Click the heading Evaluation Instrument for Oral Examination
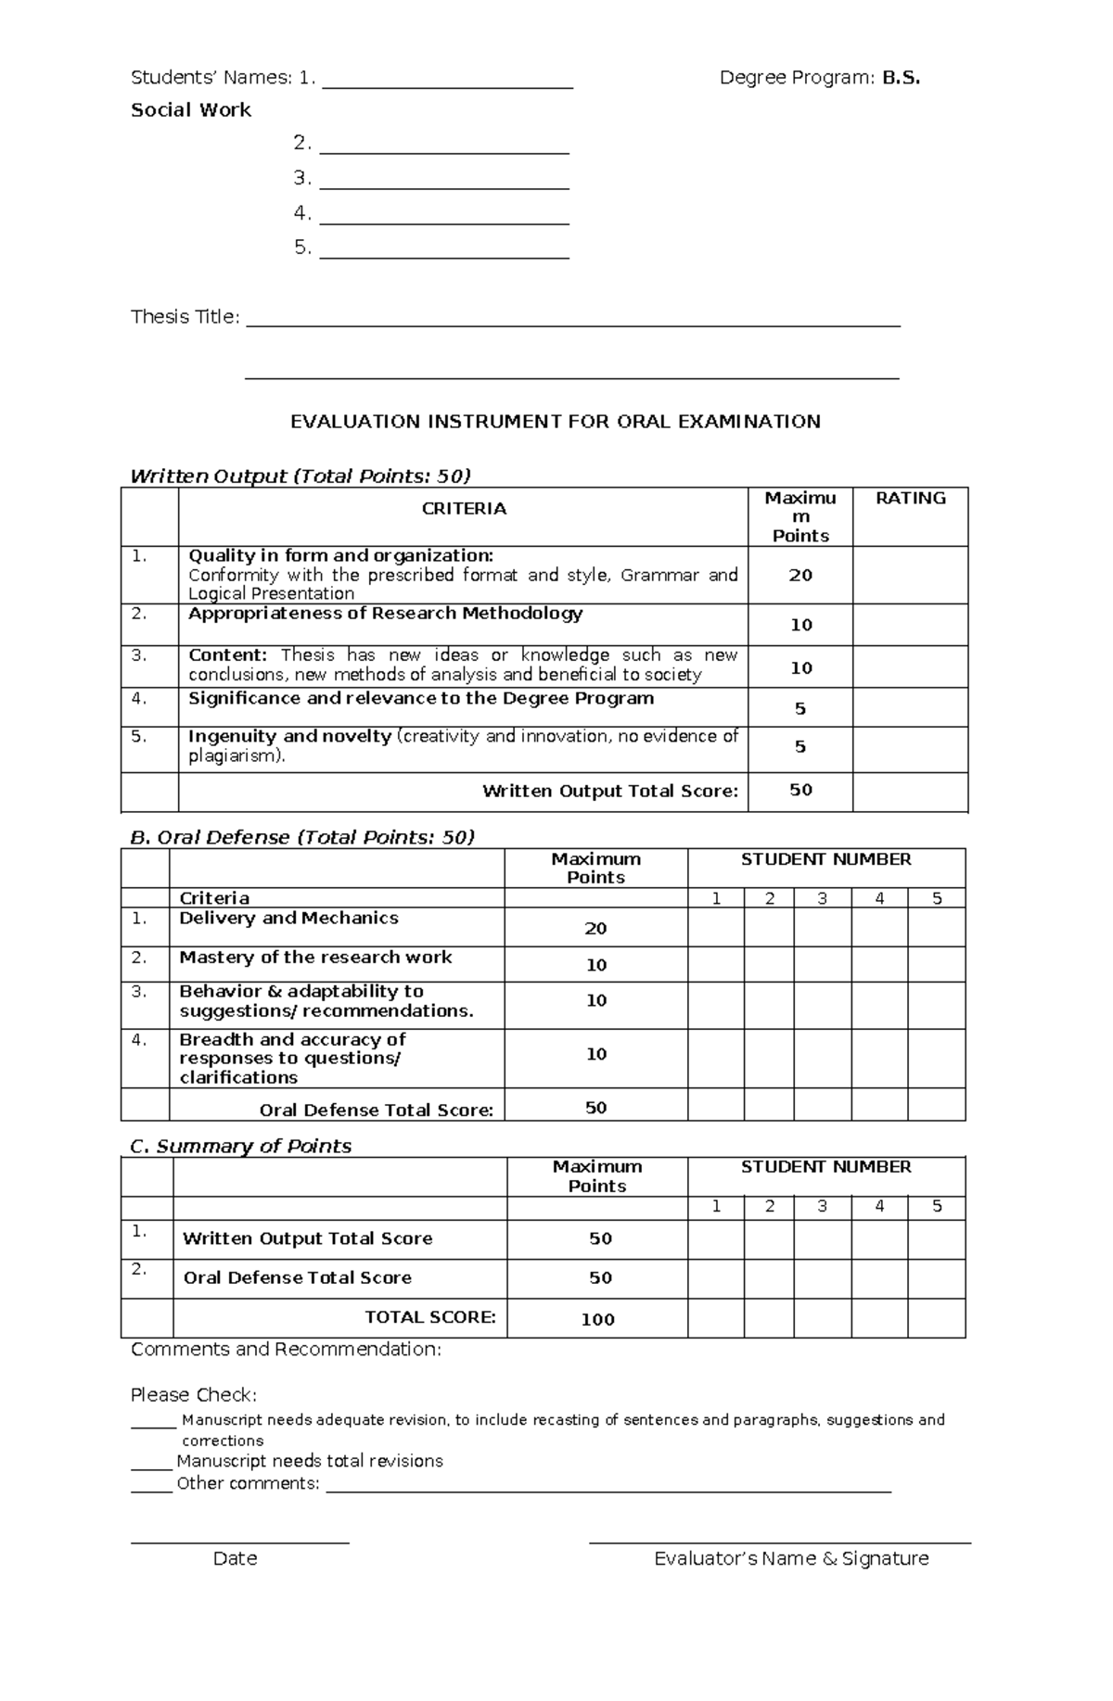(x=555, y=422)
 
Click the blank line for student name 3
(x=443, y=181)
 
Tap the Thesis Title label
(x=185, y=317)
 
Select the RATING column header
(x=910, y=499)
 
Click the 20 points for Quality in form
(x=800, y=575)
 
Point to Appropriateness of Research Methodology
(x=385, y=614)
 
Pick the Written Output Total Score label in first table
(x=610, y=791)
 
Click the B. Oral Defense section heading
(x=302, y=837)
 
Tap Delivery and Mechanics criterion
(x=288, y=918)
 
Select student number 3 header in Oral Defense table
(x=822, y=898)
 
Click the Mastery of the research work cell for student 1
(x=715, y=964)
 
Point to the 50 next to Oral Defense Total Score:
(x=595, y=1108)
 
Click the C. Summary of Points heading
(x=240, y=1147)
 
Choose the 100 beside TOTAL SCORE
(x=597, y=1319)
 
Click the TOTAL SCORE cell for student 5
(x=936, y=1318)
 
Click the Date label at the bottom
(x=235, y=1558)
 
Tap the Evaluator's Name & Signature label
(x=791, y=1558)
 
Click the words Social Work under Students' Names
(x=191, y=110)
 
